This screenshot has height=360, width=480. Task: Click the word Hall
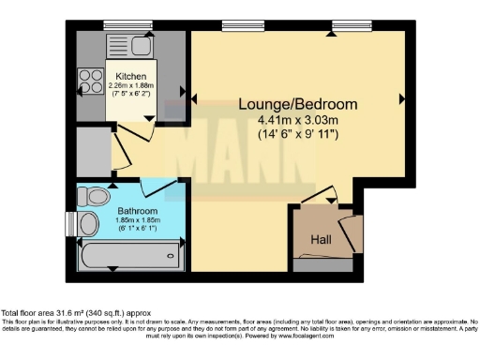(321, 239)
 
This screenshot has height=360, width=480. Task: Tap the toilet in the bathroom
(93, 195)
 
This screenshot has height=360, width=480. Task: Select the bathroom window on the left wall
(69, 225)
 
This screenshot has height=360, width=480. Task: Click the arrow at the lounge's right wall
(401, 98)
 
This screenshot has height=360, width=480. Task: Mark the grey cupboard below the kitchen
(95, 146)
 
